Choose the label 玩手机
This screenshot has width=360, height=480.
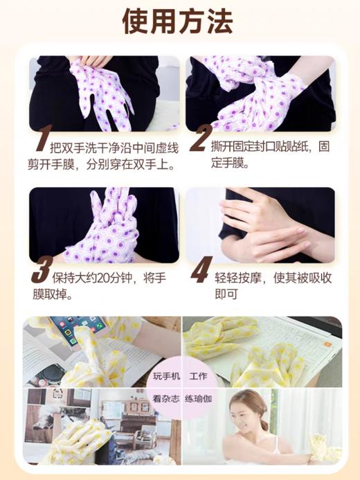pos(166,377)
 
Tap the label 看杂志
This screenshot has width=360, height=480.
pos(166,399)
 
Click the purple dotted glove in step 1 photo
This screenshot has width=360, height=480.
pos(104,94)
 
